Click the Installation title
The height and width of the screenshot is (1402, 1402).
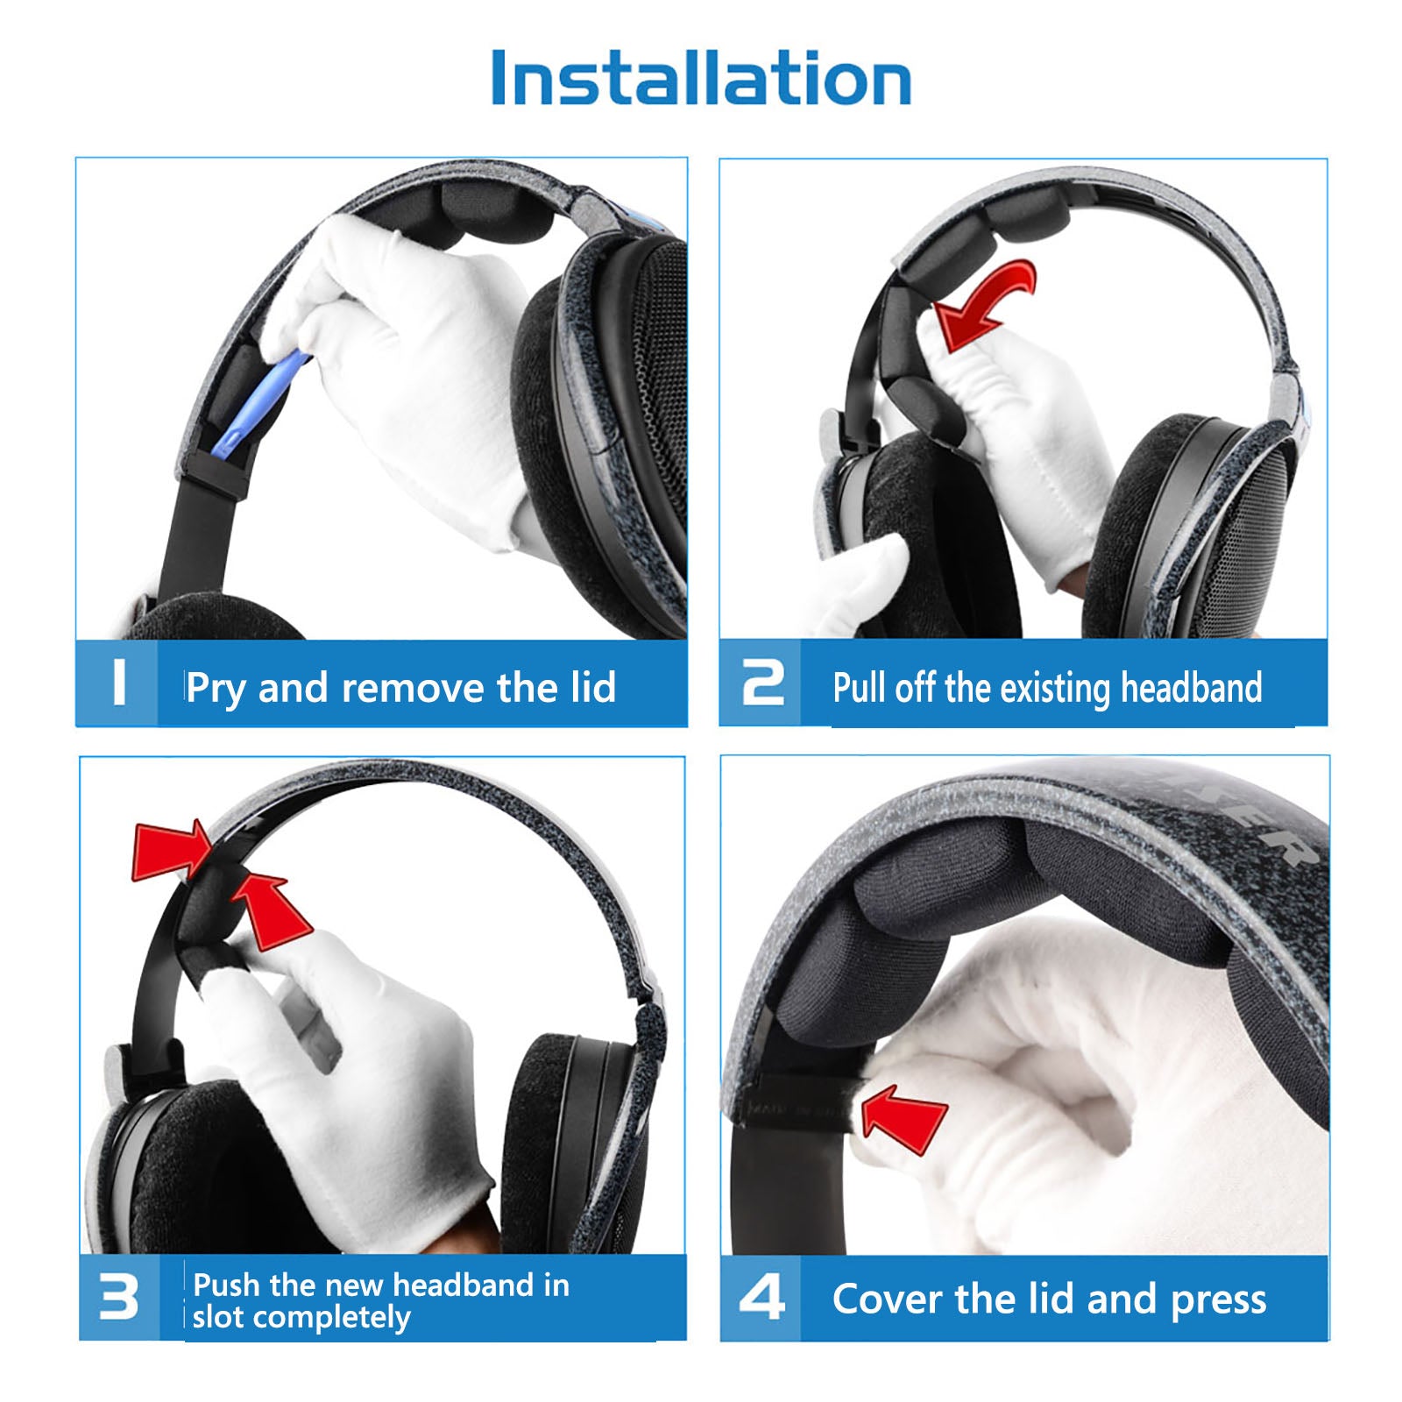coord(701,78)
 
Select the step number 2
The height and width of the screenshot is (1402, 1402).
coord(762,683)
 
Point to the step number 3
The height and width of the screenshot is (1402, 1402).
coord(119,1297)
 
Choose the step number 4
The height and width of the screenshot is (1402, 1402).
coord(761,1297)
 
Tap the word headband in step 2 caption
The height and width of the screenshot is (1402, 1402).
coord(1192,688)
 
